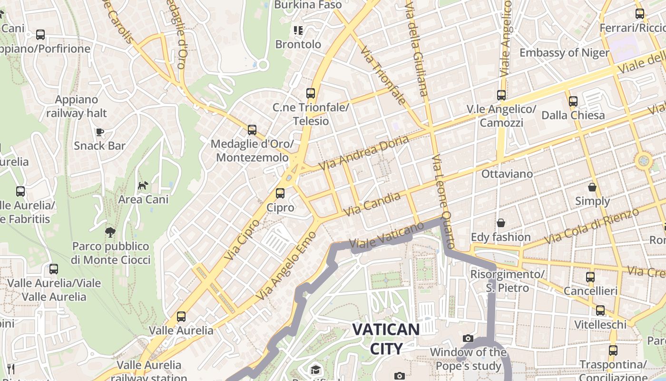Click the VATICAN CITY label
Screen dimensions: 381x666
[x=386, y=338]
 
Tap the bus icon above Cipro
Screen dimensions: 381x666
[x=280, y=193]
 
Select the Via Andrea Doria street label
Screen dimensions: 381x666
[x=364, y=153]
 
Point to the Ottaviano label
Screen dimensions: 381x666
[x=507, y=174]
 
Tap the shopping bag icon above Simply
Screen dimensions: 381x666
[x=592, y=187]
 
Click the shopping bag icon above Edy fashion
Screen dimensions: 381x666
[x=501, y=223]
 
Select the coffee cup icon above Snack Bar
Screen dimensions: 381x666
[x=99, y=132]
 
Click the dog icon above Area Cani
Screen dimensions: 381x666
[x=143, y=185]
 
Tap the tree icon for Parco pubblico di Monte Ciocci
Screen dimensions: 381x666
[x=110, y=232]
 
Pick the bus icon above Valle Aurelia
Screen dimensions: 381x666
[x=181, y=316]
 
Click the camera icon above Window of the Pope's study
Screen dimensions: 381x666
[x=468, y=338]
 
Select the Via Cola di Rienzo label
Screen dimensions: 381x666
[x=591, y=226]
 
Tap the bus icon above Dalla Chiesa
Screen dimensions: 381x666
[x=573, y=101]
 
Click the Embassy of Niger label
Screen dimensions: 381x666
[x=564, y=52]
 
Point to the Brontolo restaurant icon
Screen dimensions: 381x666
[x=298, y=31]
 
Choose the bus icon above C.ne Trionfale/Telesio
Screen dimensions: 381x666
[x=311, y=93]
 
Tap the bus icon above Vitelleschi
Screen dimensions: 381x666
[x=600, y=311]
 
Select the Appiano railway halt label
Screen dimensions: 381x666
[x=77, y=106]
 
